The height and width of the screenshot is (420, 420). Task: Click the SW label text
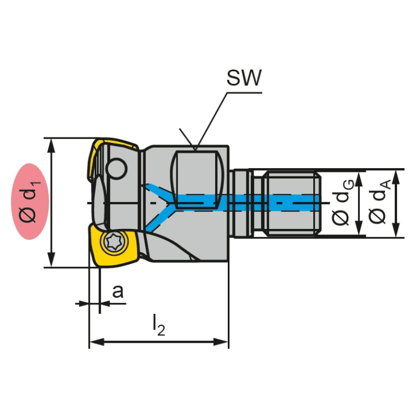244,78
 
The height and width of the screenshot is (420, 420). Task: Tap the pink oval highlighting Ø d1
31,202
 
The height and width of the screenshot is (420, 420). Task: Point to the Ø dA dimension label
378,203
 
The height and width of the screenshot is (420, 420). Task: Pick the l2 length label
158,326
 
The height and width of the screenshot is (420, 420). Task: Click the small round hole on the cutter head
116,168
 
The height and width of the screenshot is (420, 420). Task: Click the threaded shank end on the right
291,203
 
